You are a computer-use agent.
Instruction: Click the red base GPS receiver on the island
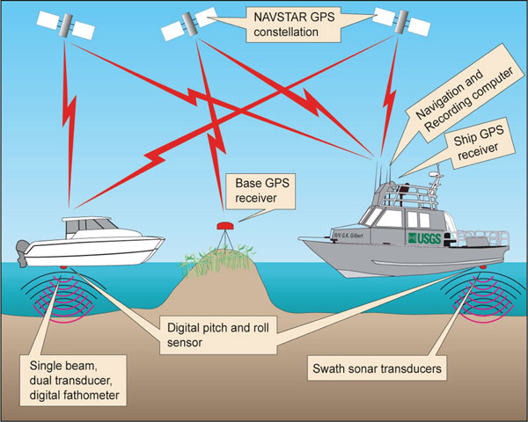point(224,227)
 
